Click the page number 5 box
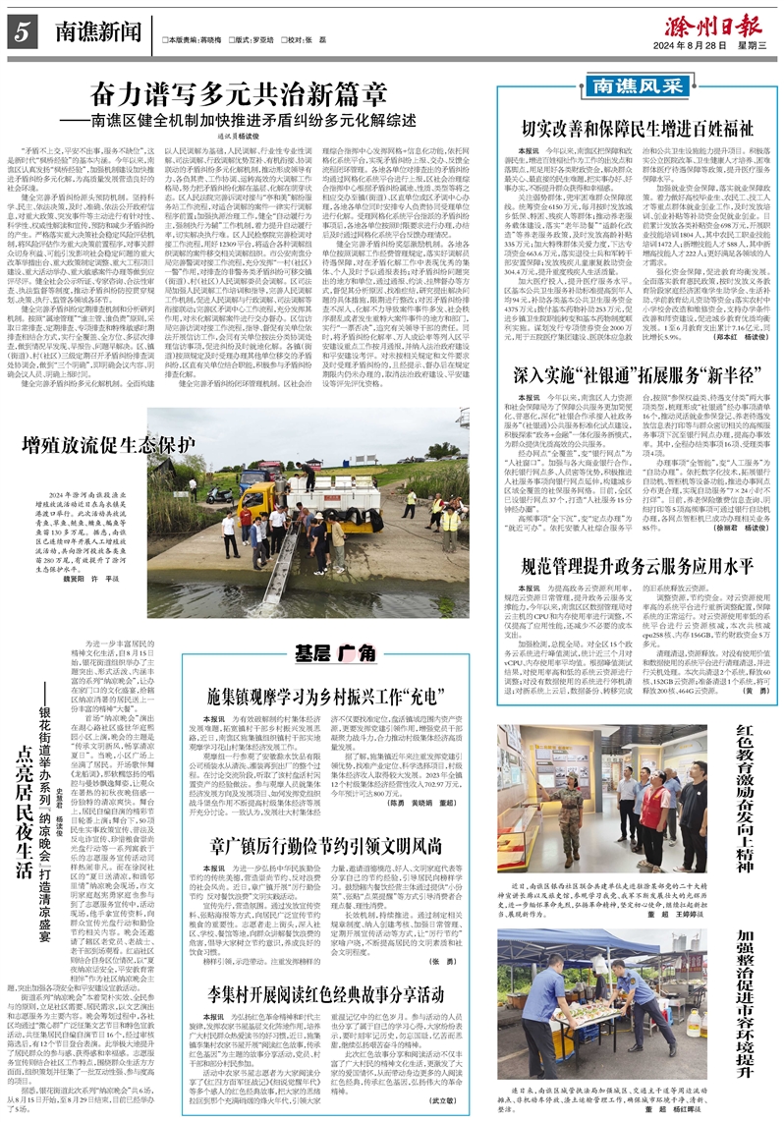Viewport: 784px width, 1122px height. pyautogui.click(x=21, y=32)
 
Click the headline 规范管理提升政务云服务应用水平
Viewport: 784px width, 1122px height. pyautogui.click(x=629, y=567)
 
